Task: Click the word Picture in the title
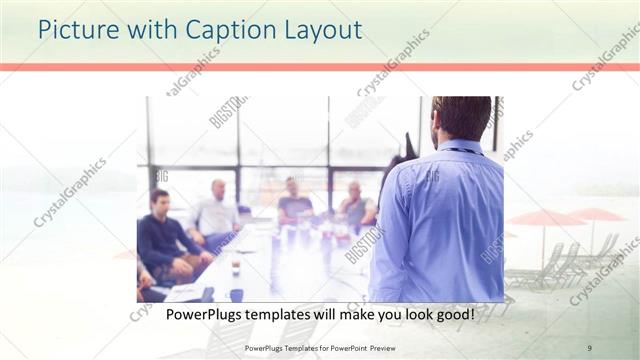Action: [75, 31]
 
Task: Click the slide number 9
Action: [589, 347]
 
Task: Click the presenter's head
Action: [461, 118]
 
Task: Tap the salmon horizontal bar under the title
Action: [320, 67]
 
